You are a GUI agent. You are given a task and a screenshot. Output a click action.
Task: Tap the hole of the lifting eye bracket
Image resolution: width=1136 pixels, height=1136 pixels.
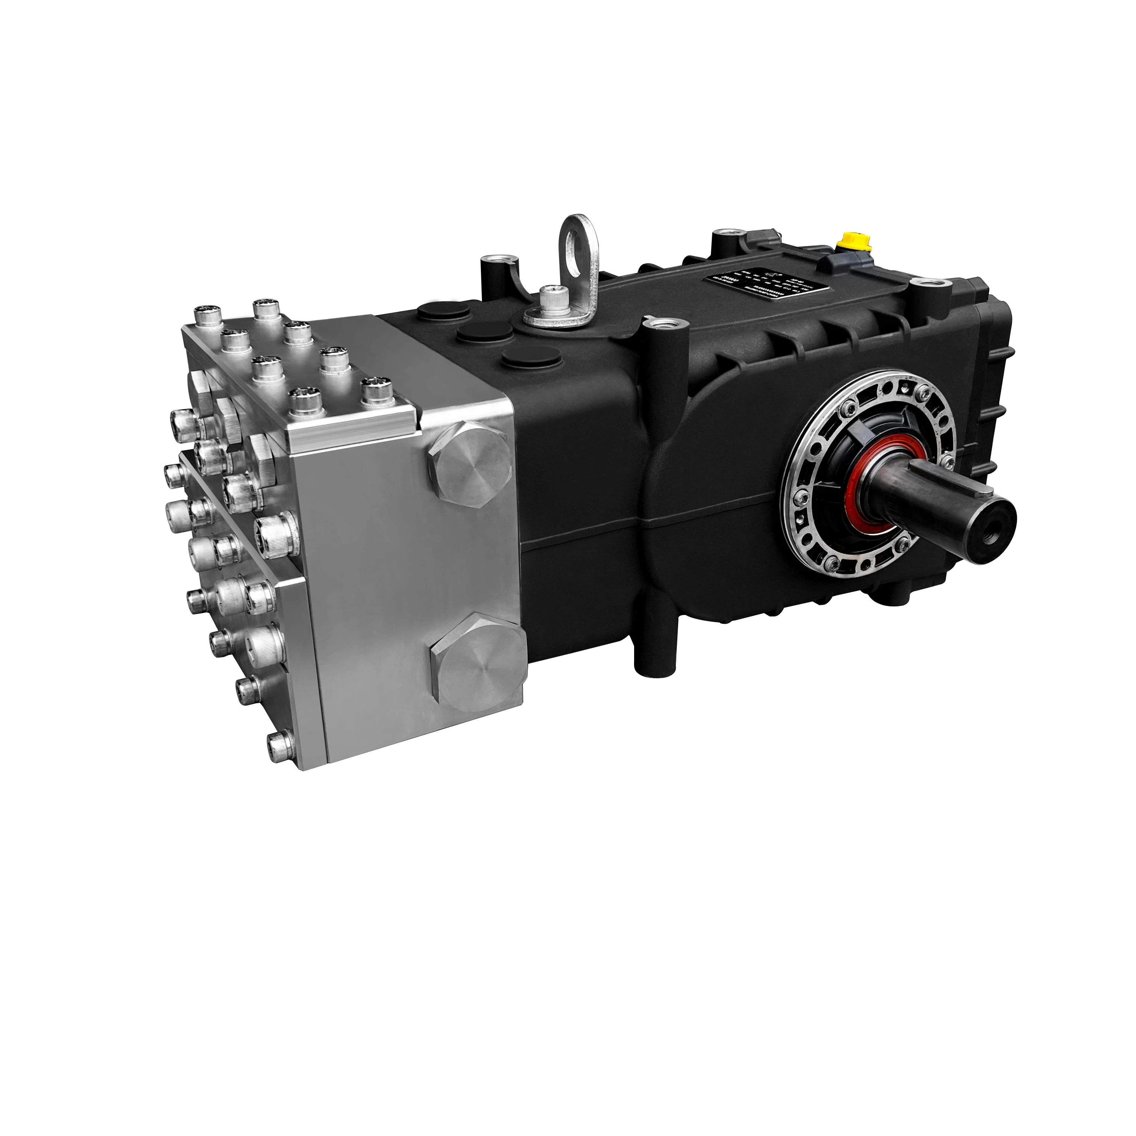(x=577, y=240)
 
